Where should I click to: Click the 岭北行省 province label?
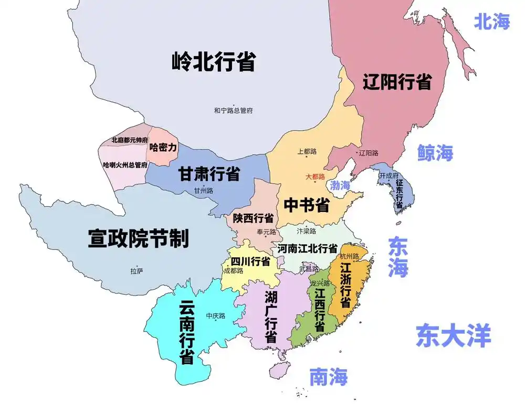coord(213,62)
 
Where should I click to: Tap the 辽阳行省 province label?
coord(397,82)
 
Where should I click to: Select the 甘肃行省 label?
coord(209,174)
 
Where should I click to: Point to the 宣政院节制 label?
coord(138,239)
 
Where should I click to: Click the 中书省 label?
coord(307,205)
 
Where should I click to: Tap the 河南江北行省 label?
coord(308,248)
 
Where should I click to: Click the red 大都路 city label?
coord(316,177)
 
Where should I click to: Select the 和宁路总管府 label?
coord(234,111)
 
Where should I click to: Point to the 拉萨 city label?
coord(136,271)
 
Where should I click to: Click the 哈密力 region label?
coord(163,148)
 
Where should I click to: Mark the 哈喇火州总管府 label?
coord(125,165)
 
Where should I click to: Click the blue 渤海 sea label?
coord(340,185)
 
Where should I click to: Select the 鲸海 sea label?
coord(435,153)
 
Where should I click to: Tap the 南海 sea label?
coord(328,376)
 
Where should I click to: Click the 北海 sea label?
coord(492,22)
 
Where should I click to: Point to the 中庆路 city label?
coord(215,316)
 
